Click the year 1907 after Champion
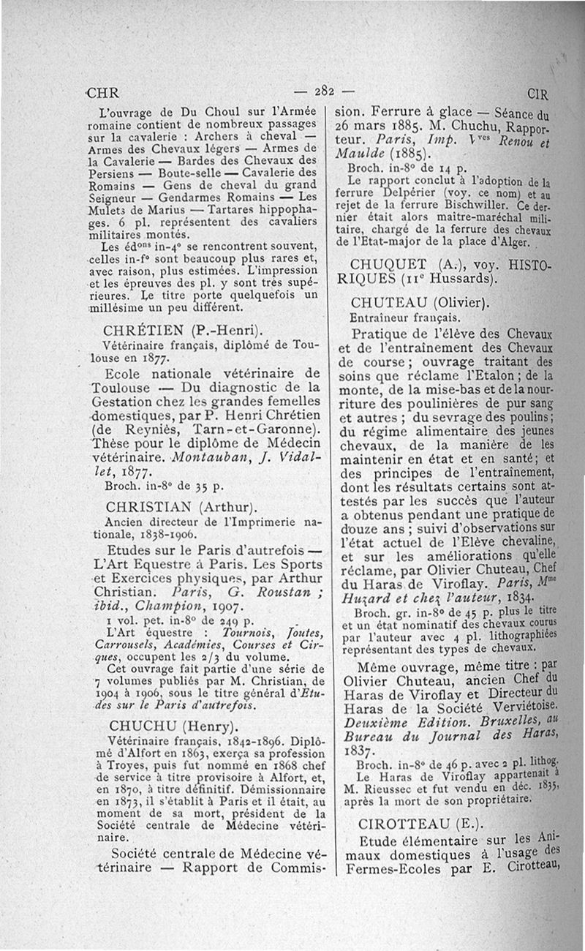point(223,606)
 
